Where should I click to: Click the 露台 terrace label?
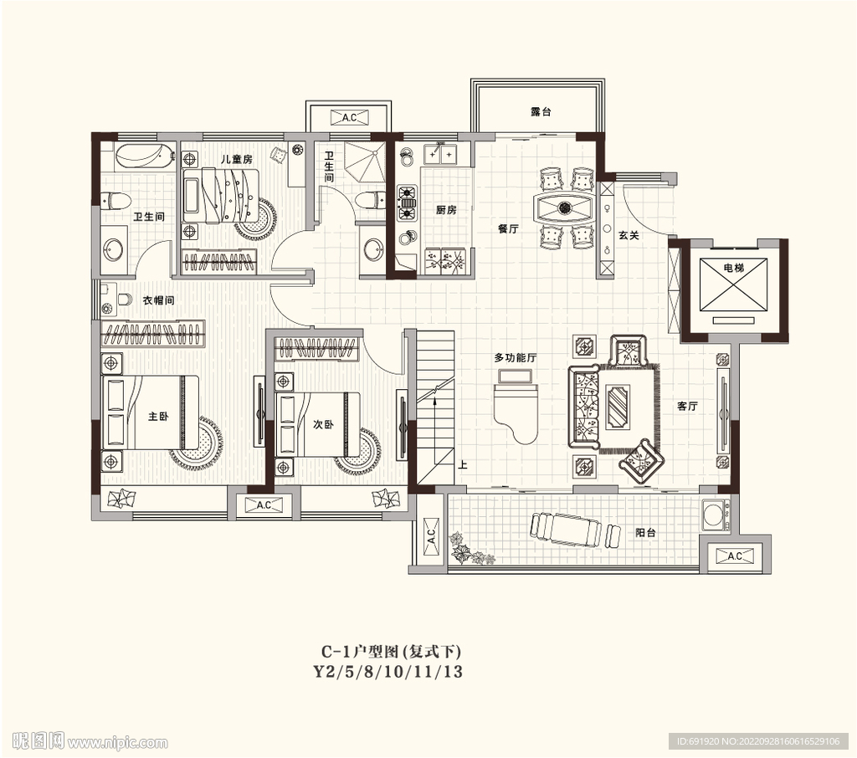tap(541, 111)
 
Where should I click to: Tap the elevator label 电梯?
tap(733, 268)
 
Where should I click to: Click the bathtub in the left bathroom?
tap(145, 156)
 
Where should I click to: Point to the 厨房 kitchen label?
tap(446, 210)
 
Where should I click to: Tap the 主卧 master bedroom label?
tap(158, 417)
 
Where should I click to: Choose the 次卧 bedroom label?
tap(323, 424)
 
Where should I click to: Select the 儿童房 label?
tap(236, 159)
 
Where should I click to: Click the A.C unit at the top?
tap(349, 117)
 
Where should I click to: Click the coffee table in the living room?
tap(618, 406)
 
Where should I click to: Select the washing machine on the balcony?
tap(714, 515)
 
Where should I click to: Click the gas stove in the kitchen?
tap(407, 203)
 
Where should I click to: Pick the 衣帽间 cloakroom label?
tap(158, 300)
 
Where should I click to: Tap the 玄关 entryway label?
tap(629, 235)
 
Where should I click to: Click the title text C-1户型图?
tap(362, 652)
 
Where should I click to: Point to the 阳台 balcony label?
tap(645, 532)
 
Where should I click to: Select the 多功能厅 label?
tap(516, 357)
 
